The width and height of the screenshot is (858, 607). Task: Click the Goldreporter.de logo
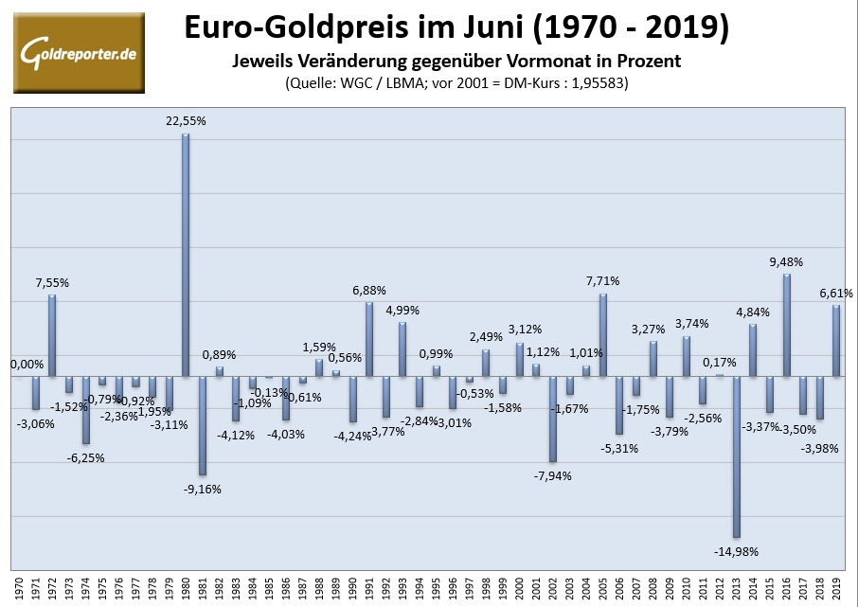click(x=79, y=52)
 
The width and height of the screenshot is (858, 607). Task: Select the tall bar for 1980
click(x=186, y=255)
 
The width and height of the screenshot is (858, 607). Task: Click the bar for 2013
click(x=736, y=456)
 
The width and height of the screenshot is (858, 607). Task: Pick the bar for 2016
click(x=786, y=325)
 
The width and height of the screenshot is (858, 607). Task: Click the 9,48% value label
click(x=786, y=261)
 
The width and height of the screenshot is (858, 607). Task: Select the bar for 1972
click(x=52, y=335)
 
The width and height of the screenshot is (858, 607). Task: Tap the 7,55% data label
click(x=52, y=282)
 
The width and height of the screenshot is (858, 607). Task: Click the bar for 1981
click(x=202, y=425)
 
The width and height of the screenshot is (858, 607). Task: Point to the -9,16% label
click(x=201, y=489)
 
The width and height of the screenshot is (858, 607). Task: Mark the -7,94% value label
click(x=552, y=475)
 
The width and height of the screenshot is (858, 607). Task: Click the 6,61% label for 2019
click(x=836, y=294)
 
